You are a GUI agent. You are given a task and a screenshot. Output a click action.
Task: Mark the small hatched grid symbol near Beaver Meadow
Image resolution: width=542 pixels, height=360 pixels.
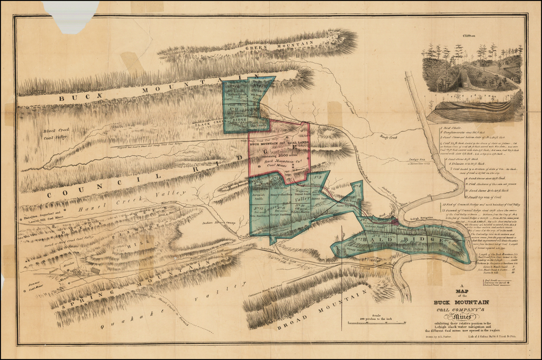[x=95, y=270]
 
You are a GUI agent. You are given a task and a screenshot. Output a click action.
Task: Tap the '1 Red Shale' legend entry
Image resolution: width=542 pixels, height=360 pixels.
[x=454, y=128]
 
